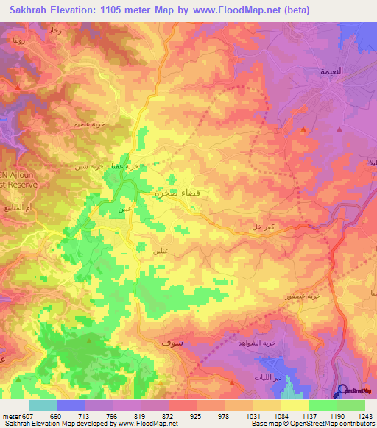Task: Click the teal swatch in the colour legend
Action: (43, 404)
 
